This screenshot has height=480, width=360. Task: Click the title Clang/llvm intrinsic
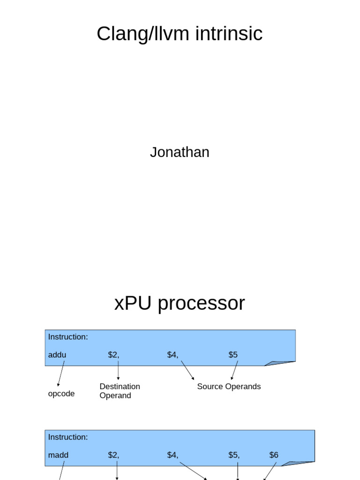point(180,34)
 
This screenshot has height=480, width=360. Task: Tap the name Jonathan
point(180,152)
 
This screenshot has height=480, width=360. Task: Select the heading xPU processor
point(180,303)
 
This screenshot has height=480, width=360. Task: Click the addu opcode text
point(57,355)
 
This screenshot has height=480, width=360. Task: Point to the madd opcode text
point(58,455)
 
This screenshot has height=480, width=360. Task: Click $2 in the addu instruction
point(113,355)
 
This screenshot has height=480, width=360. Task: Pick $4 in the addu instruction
point(172,355)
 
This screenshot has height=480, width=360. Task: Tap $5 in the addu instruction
point(233,355)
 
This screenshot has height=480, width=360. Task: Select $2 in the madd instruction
point(113,455)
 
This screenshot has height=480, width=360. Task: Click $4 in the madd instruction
point(172,455)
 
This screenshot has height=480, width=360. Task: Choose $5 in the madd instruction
point(234,455)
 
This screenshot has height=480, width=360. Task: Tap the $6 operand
point(274,455)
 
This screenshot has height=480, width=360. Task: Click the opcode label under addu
point(61,394)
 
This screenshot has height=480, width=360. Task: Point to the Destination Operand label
point(120,391)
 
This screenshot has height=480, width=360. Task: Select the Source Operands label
point(229,387)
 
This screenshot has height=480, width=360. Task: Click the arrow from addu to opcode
point(61,374)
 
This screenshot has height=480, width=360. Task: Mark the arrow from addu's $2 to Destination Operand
point(118,370)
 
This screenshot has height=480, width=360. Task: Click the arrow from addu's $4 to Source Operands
point(187,370)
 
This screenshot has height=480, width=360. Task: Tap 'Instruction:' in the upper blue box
point(68,337)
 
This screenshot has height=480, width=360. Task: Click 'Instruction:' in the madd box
point(68,437)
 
